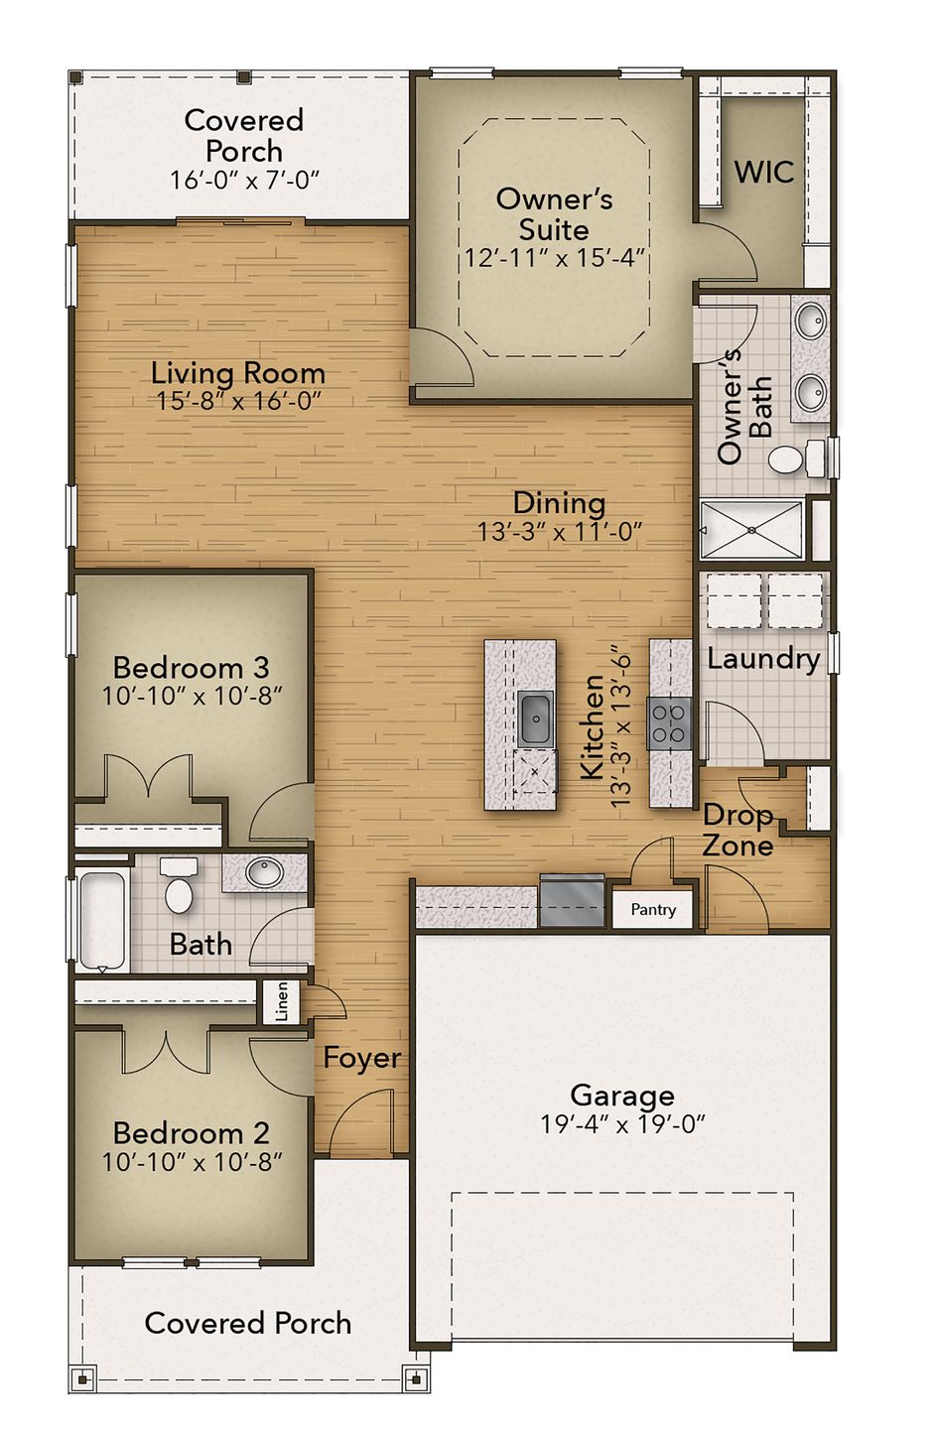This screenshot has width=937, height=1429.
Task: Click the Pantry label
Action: point(653,909)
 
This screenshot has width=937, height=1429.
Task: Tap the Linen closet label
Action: point(282,1001)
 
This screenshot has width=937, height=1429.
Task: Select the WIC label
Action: point(763,172)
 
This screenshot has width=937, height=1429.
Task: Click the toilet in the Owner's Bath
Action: point(791,459)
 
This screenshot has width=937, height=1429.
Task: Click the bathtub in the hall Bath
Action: point(102,919)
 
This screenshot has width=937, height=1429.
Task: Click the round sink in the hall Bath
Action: point(265,873)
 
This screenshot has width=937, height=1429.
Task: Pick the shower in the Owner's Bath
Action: point(751,530)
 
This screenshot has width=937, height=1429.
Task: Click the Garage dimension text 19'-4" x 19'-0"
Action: point(622,1124)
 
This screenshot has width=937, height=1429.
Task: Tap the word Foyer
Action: point(362,1058)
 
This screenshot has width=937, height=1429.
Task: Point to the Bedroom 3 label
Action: point(191,667)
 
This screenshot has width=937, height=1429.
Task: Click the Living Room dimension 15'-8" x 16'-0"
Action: point(238,401)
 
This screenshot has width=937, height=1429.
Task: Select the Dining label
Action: point(559,503)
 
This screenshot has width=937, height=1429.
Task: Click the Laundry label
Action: point(763,659)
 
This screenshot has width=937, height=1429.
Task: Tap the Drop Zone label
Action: point(737,831)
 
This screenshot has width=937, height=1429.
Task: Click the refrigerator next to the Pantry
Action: point(572,900)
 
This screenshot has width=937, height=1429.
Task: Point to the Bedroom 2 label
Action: point(191,1132)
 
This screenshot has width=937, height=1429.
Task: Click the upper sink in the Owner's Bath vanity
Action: point(811,321)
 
